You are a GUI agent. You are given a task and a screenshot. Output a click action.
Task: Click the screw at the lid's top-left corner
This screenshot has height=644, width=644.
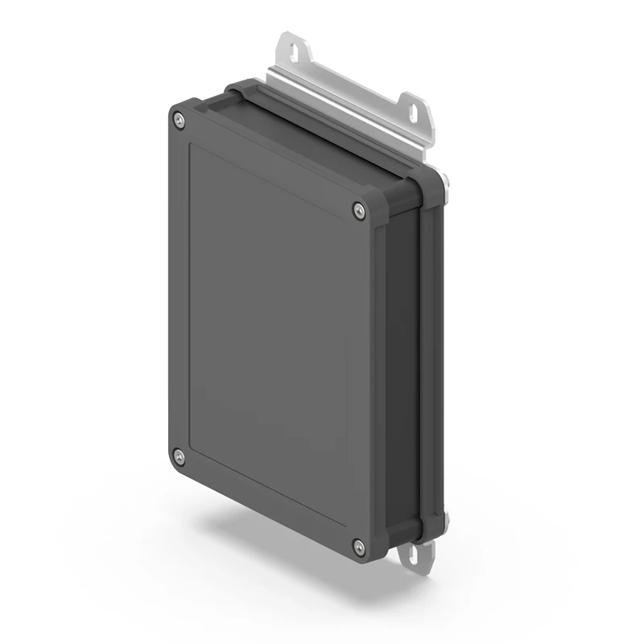click(179, 121)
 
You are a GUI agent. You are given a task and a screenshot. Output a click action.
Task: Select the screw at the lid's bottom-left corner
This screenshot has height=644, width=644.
click(179, 457)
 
